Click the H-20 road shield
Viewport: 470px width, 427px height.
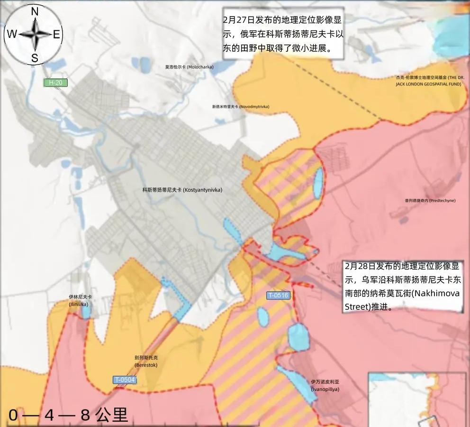(55, 83)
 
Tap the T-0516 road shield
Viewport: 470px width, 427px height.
(278, 296)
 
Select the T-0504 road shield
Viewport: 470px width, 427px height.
(125, 380)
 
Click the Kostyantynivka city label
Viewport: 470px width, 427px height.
(182, 190)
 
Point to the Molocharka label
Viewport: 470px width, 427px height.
(189, 67)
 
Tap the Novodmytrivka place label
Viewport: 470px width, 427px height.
(241, 107)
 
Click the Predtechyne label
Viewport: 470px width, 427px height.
(430, 201)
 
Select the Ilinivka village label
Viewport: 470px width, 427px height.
(80, 300)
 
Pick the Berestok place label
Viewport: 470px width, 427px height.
(146, 361)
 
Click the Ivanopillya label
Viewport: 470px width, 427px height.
(325, 385)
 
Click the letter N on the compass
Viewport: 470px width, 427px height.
(35, 12)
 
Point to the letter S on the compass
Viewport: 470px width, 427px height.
(35, 58)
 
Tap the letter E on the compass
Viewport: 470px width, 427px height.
(56, 34)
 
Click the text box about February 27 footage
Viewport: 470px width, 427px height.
(283, 34)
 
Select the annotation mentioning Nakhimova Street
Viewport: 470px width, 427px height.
(402, 286)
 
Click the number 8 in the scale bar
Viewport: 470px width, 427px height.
(85, 416)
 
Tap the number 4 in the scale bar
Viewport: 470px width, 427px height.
(49, 416)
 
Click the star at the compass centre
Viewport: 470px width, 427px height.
(35, 34)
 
